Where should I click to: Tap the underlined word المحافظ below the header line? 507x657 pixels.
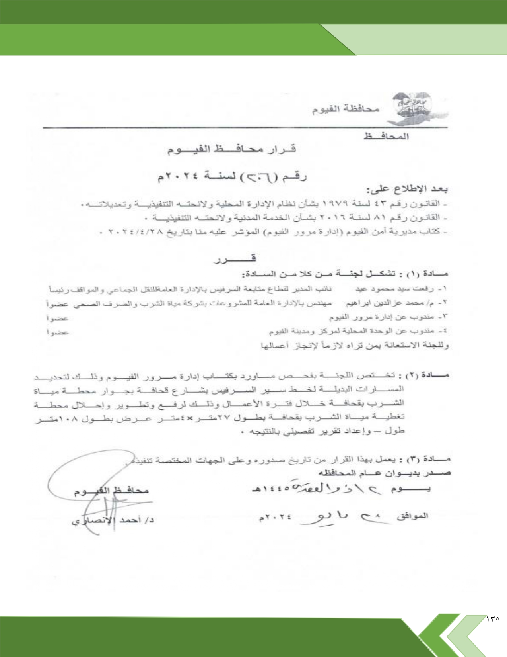click(386, 137)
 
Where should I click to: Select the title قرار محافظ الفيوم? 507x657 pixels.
click(231, 150)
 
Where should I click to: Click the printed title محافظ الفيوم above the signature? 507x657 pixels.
click(111, 491)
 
